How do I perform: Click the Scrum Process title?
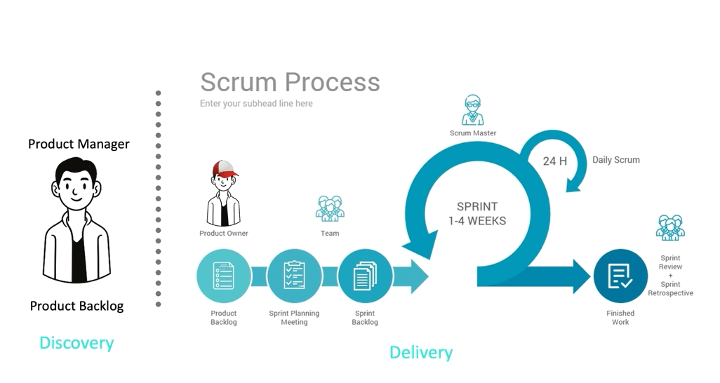point(289,82)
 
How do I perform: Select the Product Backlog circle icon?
point(223,276)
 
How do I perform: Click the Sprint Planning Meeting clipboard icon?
point(294,276)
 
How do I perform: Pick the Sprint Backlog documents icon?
point(365,276)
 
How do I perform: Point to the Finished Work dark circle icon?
point(620,276)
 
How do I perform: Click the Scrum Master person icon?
point(472,110)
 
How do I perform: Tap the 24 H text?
point(554,161)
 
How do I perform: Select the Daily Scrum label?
point(615,160)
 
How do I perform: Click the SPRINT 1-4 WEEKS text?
point(477,213)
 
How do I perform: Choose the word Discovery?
point(76,343)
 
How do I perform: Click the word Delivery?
point(421,352)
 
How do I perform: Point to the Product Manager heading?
point(79,144)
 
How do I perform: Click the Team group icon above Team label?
point(329,209)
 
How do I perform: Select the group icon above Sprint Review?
point(669,228)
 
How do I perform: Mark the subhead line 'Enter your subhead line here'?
point(256,104)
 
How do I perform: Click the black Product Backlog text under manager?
point(76,306)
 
